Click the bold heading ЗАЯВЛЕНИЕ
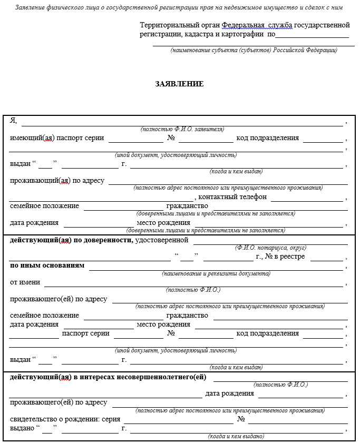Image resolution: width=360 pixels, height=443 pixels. click(179, 84)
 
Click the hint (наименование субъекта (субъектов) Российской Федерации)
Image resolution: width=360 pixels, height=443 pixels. click(254, 50)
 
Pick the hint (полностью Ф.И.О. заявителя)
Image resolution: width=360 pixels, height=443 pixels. click(182, 129)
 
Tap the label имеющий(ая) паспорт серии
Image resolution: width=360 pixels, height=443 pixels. click(57, 138)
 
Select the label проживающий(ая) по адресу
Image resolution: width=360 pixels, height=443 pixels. click(57, 181)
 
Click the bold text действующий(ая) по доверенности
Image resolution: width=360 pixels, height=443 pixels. click(71, 240)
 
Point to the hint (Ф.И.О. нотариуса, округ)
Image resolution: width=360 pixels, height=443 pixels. click(270, 247)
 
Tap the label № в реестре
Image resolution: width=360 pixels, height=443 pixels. click(280, 257)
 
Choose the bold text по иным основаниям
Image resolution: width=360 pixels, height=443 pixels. click(47, 265)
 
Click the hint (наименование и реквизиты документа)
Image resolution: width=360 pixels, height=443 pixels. click(216, 273)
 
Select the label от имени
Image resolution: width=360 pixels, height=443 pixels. click(25, 282)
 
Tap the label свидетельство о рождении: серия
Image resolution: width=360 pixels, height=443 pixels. click(65, 419)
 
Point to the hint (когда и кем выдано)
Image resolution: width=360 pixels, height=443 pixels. click(236, 436)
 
